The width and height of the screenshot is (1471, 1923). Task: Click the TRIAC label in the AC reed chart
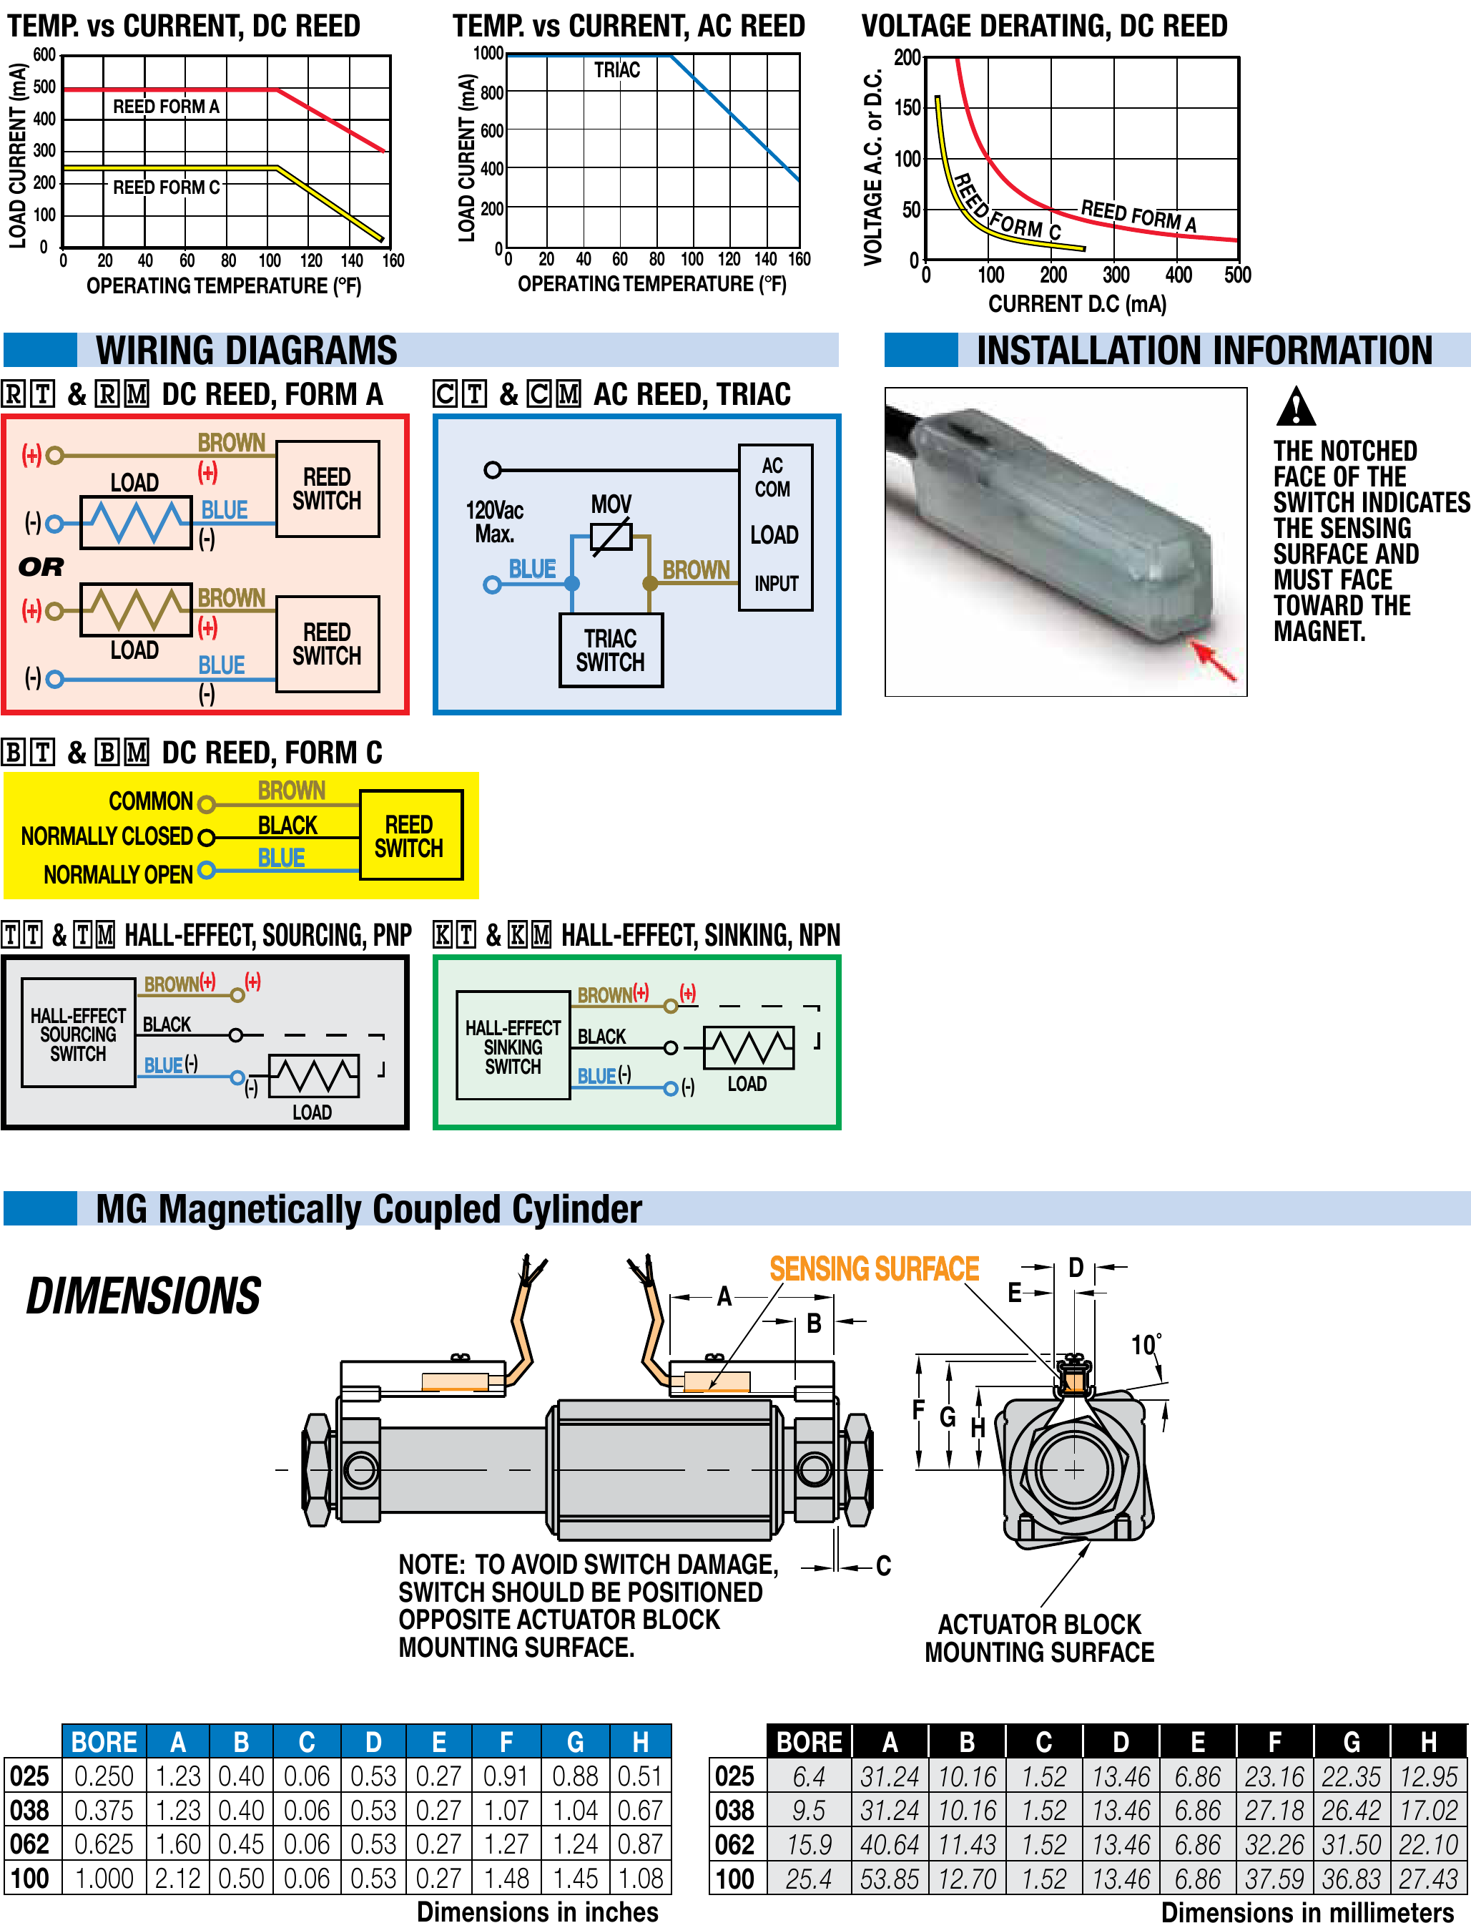616,70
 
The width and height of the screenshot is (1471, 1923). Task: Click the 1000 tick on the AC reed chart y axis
488,54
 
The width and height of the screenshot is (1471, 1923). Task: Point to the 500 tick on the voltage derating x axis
1237,275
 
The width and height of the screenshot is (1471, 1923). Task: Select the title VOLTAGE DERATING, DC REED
1043,26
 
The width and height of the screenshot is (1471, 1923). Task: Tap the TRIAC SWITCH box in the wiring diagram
610,650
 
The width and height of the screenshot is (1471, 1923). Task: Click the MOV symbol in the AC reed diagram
611,536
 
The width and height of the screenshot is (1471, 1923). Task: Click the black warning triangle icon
1295,407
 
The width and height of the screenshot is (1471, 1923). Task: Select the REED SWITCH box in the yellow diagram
410,836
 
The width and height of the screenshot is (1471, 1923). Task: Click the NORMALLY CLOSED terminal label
107,836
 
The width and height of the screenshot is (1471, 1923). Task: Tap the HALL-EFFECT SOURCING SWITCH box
78,1033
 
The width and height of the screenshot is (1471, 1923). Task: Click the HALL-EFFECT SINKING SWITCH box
513,1046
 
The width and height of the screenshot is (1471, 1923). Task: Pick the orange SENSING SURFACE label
874,1269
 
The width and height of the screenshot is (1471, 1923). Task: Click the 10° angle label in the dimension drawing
1146,1344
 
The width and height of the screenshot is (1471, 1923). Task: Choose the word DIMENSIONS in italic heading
144,1296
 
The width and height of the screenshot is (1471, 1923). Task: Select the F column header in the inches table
506,1742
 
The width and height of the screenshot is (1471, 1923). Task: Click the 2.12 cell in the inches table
178,1879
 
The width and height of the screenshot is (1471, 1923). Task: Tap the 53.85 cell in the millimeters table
890,1879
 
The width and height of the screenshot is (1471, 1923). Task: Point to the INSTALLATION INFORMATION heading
1204,351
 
